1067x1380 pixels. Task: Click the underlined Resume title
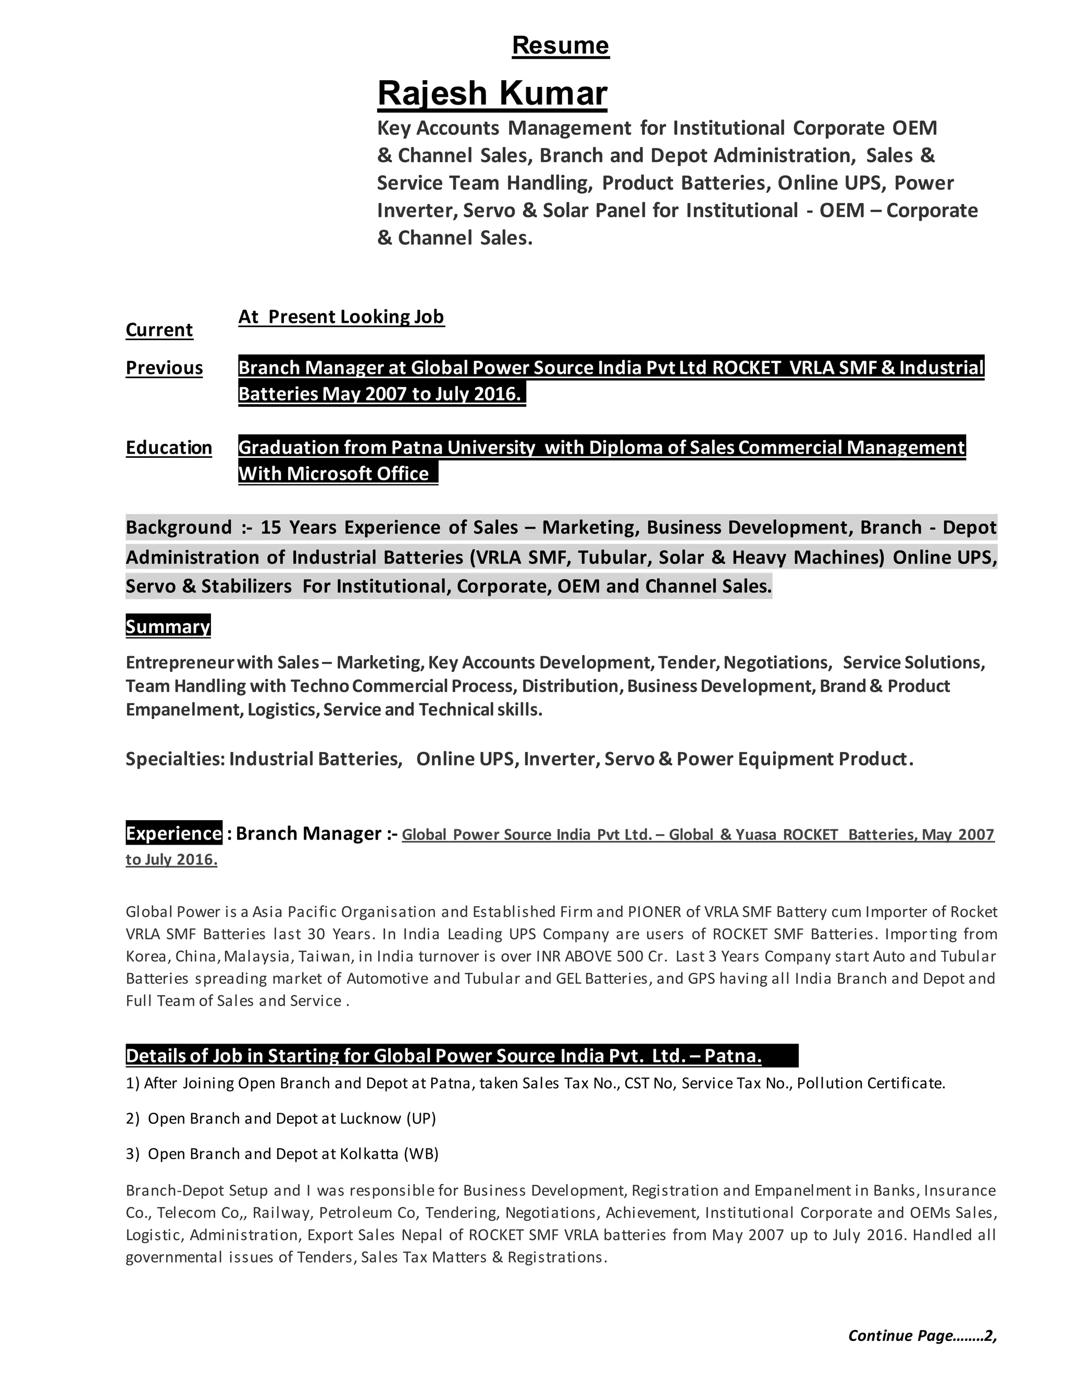[560, 45]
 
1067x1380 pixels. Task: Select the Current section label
[159, 330]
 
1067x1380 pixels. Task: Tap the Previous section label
[164, 368]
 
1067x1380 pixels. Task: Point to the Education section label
[169, 447]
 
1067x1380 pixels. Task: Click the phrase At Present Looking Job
[341, 317]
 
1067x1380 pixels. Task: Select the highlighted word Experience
[174, 833]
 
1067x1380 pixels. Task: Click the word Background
[179, 528]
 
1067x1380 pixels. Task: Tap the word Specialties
[175, 758]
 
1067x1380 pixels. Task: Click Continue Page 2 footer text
[922, 1335]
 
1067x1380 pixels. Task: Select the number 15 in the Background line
[270, 528]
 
